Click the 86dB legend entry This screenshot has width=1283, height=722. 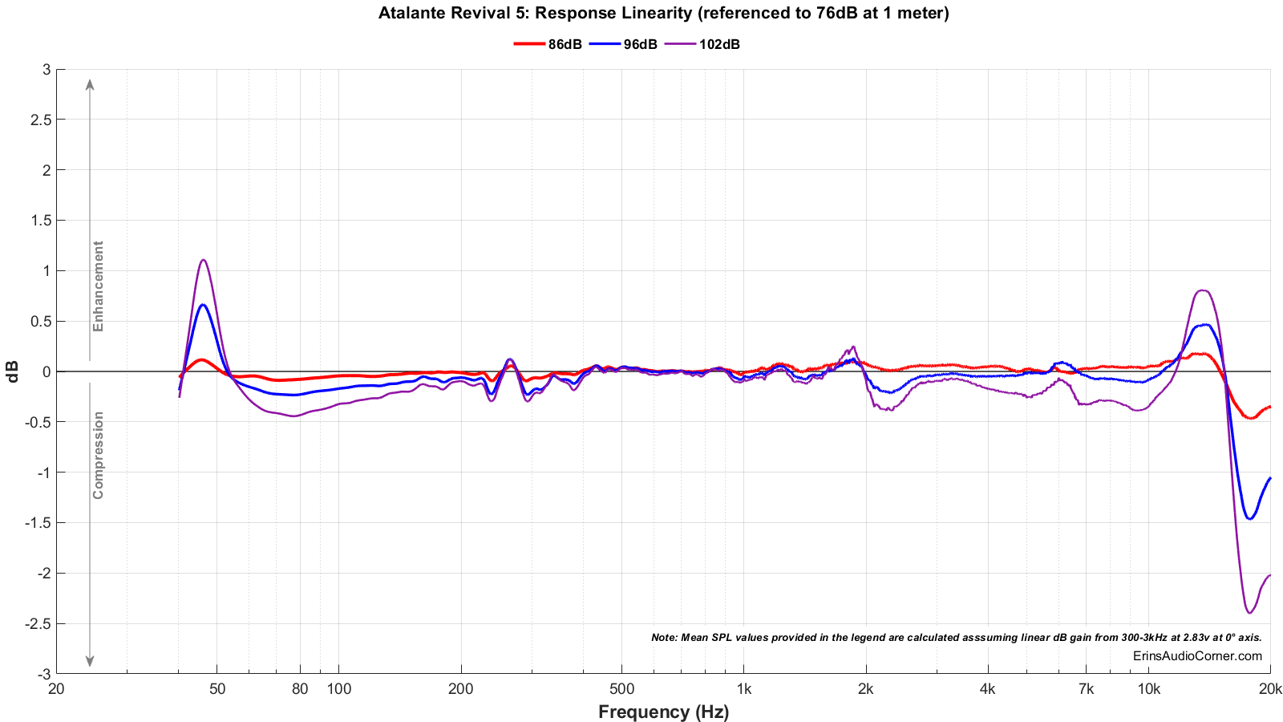[548, 44]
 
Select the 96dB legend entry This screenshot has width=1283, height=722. [624, 44]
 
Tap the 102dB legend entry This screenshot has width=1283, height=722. [704, 44]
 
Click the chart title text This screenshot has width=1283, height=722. [663, 13]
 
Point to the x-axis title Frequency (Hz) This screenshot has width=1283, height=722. [663, 712]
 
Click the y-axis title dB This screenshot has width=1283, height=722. [14, 371]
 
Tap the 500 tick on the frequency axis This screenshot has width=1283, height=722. [621, 688]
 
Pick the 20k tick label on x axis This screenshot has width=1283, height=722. [1270, 688]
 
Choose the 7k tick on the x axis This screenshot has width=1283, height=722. [1086, 688]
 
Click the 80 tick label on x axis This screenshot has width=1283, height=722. [300, 688]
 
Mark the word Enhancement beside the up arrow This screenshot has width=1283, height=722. [98, 286]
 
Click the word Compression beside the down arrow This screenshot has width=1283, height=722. [98, 455]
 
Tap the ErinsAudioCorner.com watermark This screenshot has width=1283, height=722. [1197, 656]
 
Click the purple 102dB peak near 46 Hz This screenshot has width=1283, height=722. [204, 260]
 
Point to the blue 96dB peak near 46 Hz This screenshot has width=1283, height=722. [204, 305]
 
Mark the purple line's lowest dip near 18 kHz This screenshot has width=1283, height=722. [1249, 613]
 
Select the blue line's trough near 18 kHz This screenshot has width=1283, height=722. [1249, 519]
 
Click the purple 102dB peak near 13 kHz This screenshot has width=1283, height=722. [1202, 290]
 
